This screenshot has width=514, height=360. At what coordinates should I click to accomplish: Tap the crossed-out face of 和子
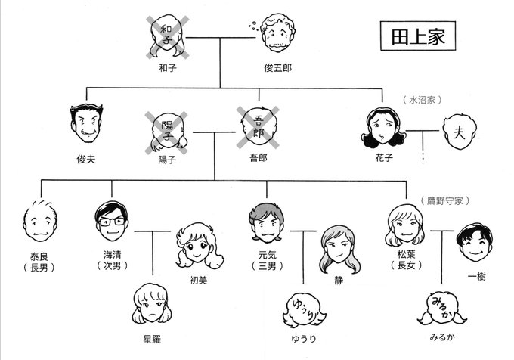coord(168,35)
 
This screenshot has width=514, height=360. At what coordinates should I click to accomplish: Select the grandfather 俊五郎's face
coord(277,36)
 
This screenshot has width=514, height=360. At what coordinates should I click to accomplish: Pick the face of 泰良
coord(39,220)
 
